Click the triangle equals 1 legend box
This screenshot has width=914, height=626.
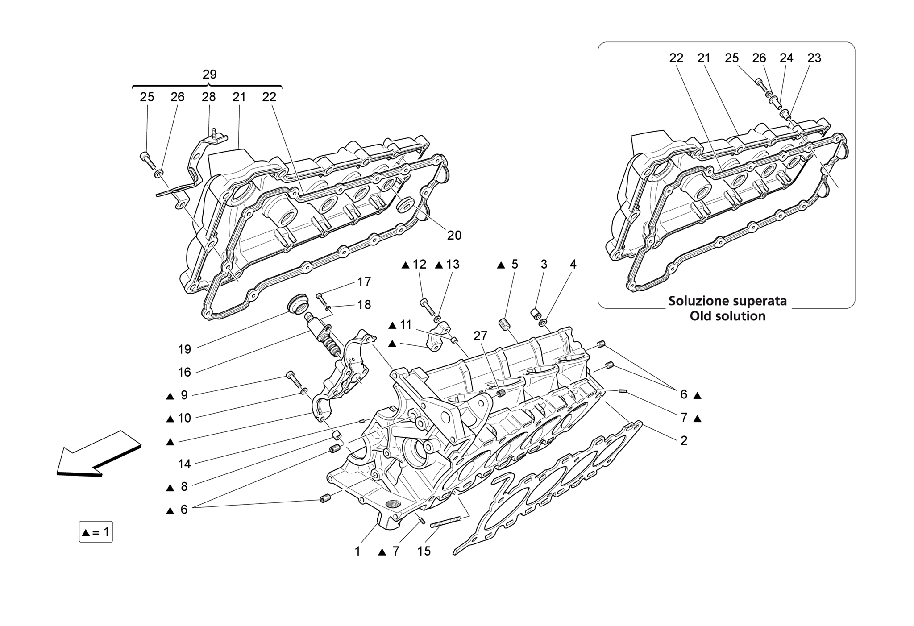click(x=96, y=532)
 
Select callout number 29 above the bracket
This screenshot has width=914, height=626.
click(x=209, y=75)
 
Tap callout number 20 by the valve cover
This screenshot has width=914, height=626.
click(x=454, y=235)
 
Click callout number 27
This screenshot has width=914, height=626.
click(x=480, y=336)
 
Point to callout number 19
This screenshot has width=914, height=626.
click(x=184, y=349)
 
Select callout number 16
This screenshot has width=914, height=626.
click(x=184, y=372)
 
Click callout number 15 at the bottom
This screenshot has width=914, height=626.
click(x=424, y=551)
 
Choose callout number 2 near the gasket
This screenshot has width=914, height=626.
click(x=683, y=440)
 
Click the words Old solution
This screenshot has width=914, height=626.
click(x=727, y=316)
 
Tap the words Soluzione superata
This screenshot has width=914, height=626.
click(x=727, y=301)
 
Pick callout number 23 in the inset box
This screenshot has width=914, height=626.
click(x=814, y=58)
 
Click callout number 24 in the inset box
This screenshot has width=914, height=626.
click(x=786, y=58)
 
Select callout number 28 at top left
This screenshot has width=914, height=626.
click(x=208, y=97)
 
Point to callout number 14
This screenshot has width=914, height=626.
click(x=184, y=464)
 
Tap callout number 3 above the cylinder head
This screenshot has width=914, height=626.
click(x=544, y=265)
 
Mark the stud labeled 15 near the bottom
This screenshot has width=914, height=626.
click(x=445, y=522)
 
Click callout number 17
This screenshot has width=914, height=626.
click(x=364, y=282)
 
